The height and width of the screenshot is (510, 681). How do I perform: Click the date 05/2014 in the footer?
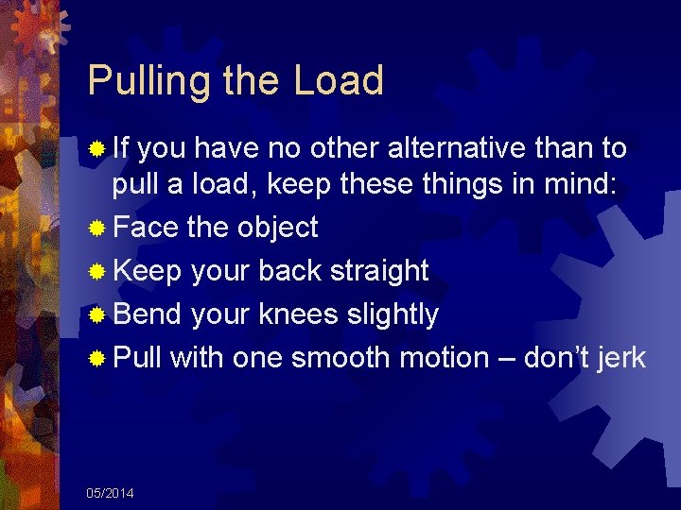pos(110,493)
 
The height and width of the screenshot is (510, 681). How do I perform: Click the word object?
pos(277,228)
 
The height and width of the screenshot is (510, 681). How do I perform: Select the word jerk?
pos(622,359)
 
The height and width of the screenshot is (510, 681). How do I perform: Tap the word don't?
pos(559,359)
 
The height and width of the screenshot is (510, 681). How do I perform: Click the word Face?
pos(147,228)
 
